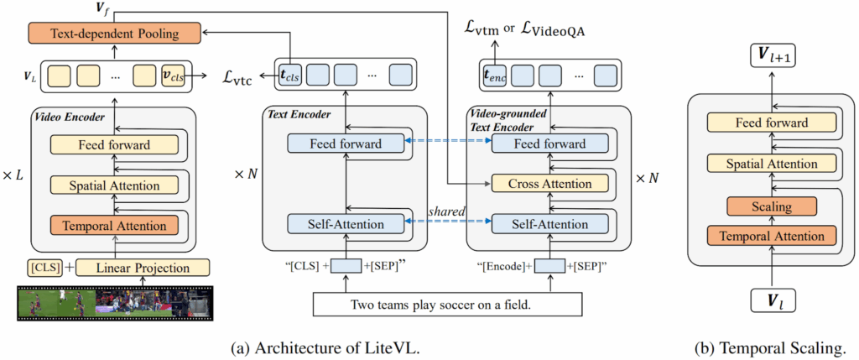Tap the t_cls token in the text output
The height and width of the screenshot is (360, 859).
pos(290,76)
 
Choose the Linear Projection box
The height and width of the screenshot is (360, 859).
pos(143,269)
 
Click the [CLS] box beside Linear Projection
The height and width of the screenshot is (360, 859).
pos(43,269)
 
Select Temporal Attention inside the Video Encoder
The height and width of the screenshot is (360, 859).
pos(115,225)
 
